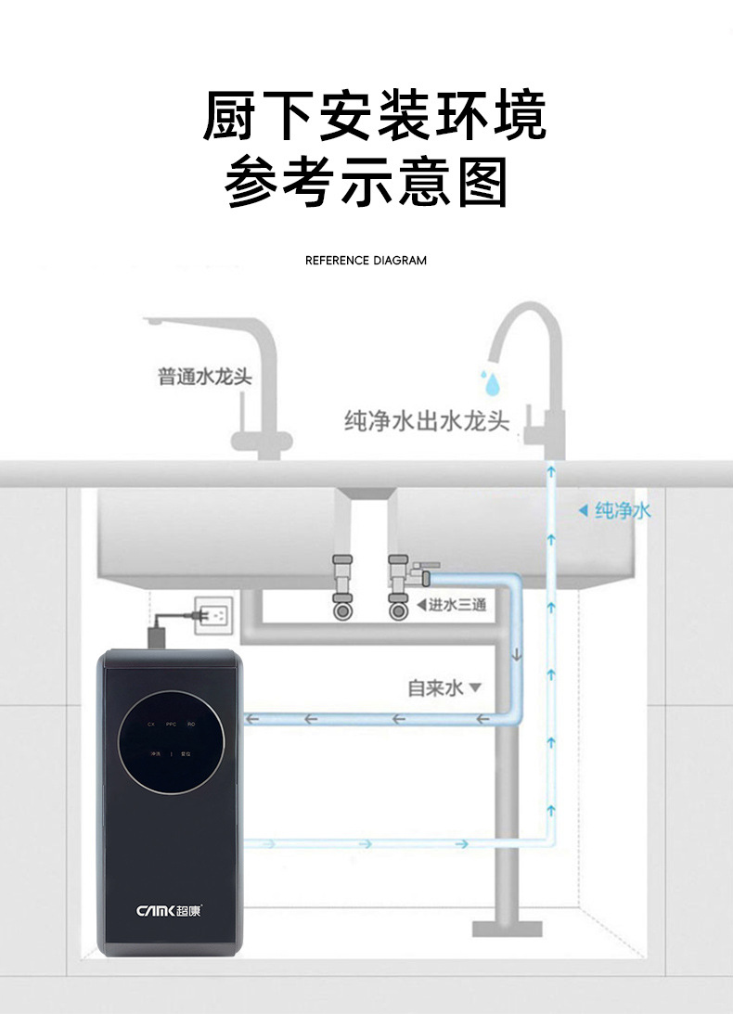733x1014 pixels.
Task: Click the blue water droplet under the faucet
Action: click(x=489, y=381)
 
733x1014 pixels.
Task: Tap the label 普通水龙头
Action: click(x=205, y=377)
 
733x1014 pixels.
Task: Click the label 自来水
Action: click(x=435, y=687)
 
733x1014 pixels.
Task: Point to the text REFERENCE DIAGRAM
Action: click(x=366, y=261)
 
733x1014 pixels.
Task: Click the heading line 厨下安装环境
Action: click(x=375, y=116)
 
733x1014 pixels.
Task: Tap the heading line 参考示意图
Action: click(x=366, y=182)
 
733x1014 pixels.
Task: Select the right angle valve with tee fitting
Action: click(x=401, y=585)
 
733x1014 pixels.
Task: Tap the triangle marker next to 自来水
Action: click(x=476, y=688)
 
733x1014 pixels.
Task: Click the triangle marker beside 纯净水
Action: click(x=583, y=510)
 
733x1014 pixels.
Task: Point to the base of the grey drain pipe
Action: click(x=507, y=927)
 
